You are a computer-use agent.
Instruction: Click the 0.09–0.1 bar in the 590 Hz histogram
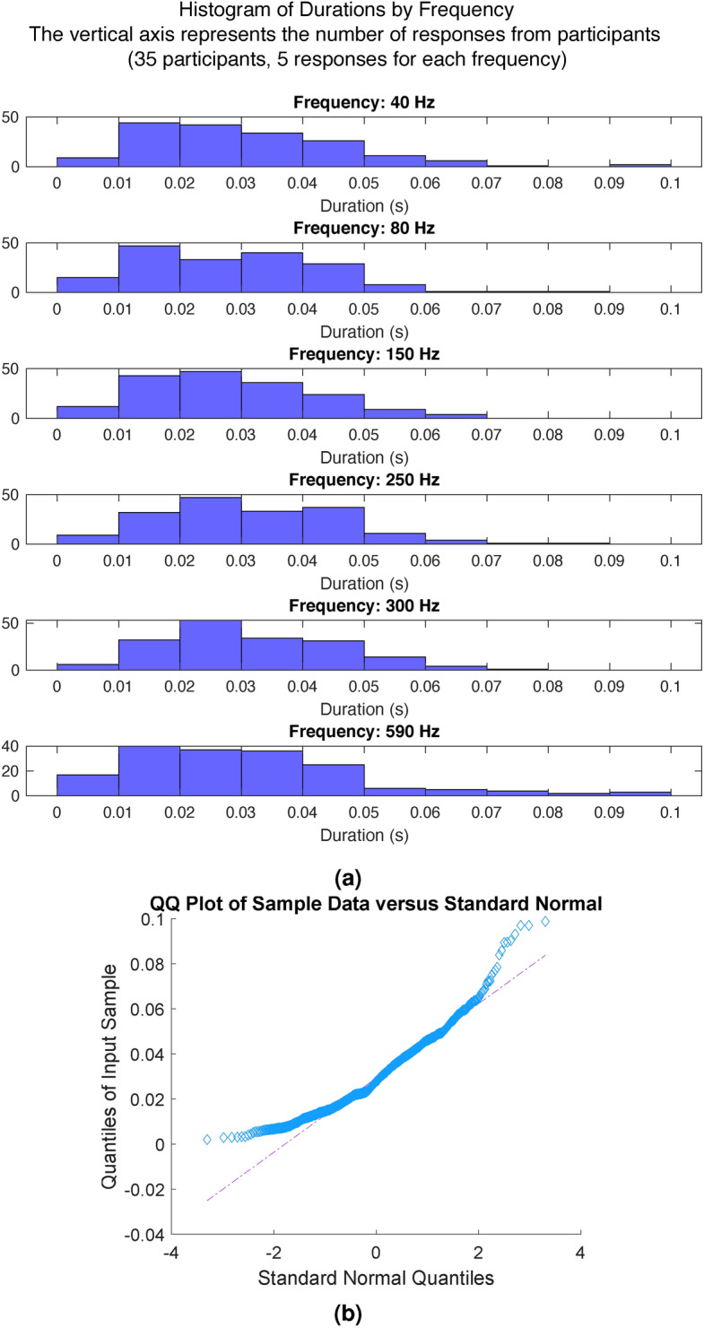[x=640, y=793]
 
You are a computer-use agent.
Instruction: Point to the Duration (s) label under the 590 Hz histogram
[x=364, y=838]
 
